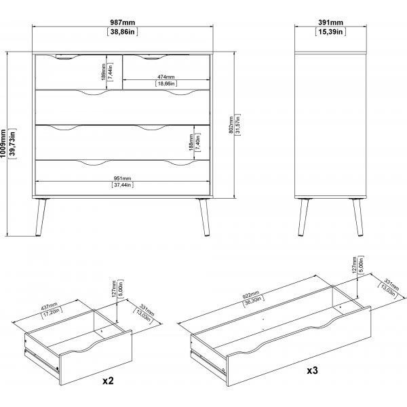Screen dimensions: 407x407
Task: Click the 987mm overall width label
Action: [x=123, y=22]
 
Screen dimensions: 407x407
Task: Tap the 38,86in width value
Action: [x=123, y=32]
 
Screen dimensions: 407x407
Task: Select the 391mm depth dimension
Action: [x=330, y=22]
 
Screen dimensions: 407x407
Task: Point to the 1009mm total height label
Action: [x=3, y=144]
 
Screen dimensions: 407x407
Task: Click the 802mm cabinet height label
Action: [x=231, y=125]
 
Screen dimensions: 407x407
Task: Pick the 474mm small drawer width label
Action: [x=166, y=77]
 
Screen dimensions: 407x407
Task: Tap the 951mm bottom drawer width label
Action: [x=123, y=178]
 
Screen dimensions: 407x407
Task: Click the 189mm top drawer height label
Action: [x=104, y=72]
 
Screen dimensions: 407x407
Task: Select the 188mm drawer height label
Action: [x=191, y=142]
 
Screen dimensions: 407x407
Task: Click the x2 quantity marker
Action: [x=109, y=381]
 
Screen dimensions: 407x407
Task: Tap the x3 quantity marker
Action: [x=312, y=370]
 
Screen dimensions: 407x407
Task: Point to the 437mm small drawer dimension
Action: [x=49, y=307]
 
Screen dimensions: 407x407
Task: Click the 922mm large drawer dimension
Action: [x=251, y=295]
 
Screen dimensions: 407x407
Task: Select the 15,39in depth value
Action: [x=330, y=32]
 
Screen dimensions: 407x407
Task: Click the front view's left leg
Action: [x=41, y=217]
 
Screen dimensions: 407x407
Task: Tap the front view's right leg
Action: [x=204, y=217]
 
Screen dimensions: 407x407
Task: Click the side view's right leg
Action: [x=357, y=217]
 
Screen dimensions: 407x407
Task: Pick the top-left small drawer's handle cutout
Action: [x=67, y=57]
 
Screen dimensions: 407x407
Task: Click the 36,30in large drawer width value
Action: [x=254, y=302]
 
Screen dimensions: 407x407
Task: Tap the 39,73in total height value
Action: [x=12, y=144]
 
